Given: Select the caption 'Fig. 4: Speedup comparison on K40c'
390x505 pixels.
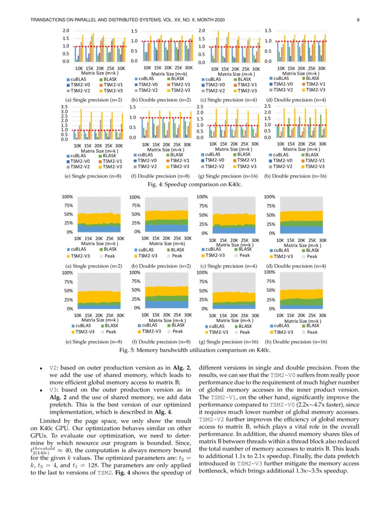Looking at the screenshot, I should coord(195,185).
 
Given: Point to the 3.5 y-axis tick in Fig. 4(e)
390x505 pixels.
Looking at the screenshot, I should coord(65,107).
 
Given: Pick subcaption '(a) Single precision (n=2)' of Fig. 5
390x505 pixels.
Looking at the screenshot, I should coord(94,266).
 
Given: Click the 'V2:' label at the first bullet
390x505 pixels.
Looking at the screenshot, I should coord(54,369).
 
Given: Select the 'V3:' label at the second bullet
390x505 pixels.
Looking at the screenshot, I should coord(54,391).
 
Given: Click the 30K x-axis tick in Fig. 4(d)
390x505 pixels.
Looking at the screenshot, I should coord(322,68).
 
